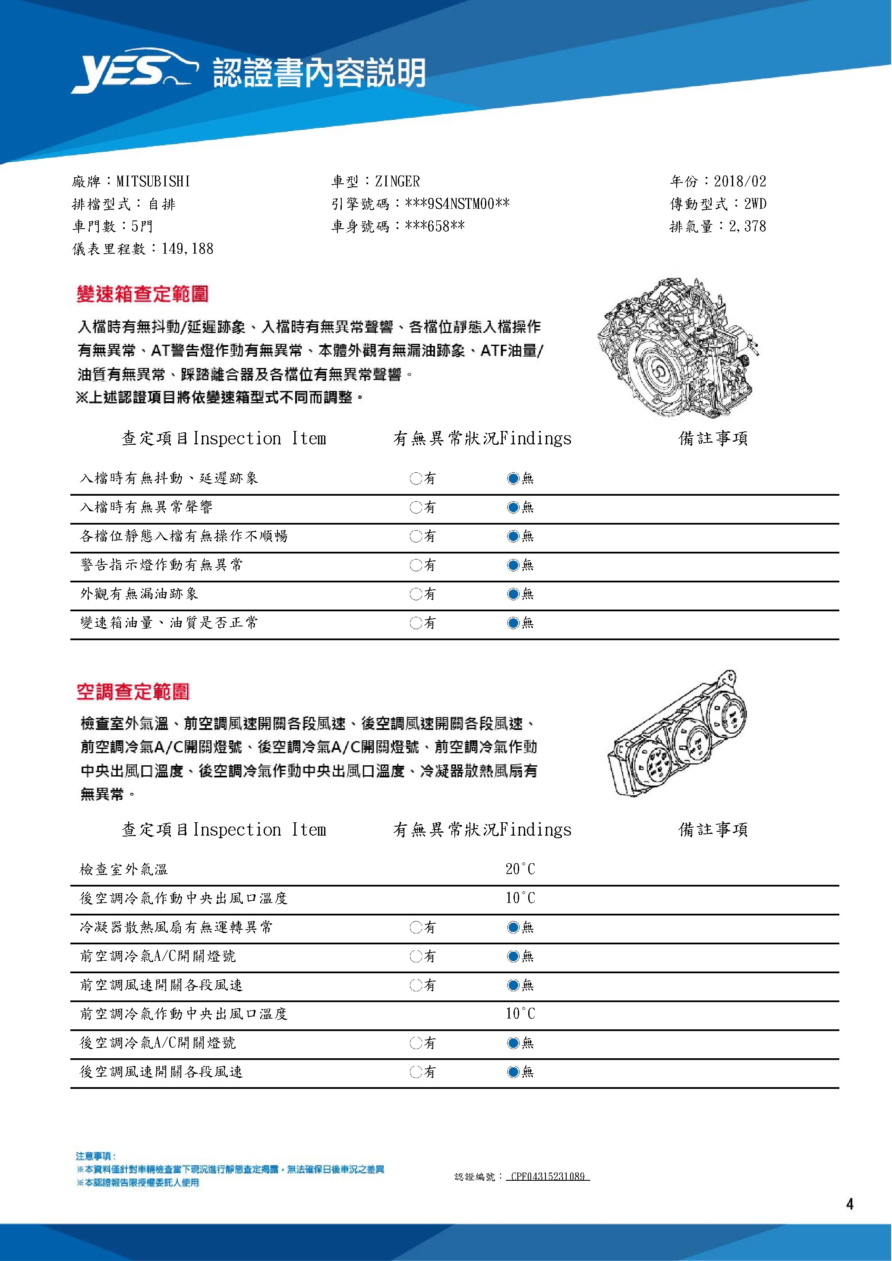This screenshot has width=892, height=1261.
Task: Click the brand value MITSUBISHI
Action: [153, 181]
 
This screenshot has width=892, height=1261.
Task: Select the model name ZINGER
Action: [397, 181]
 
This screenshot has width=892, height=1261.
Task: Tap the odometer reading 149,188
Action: [187, 249]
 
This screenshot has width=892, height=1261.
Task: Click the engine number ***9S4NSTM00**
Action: [457, 204]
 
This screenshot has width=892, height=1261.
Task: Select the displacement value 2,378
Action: [747, 226]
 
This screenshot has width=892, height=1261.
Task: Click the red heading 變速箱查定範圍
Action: [142, 294]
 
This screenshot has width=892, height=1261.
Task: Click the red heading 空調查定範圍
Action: [133, 692]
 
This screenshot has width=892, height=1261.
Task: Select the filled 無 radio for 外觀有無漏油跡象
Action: [513, 594]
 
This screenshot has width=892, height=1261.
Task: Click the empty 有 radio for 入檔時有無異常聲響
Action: [415, 507]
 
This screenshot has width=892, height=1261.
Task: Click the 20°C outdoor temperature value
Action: [520, 869]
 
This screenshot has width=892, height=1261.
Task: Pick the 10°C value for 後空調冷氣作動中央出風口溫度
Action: [520, 898]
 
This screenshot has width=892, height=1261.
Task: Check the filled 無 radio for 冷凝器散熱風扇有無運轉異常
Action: [513, 928]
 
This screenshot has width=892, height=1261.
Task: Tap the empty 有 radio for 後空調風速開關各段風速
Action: [415, 1072]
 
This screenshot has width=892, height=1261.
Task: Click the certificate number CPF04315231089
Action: [547, 1176]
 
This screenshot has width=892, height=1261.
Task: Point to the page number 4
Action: [850, 1204]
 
